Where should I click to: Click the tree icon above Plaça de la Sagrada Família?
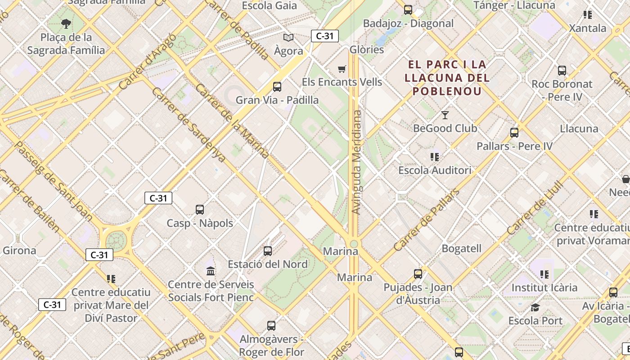click(66, 23)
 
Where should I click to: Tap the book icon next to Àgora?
click(288, 38)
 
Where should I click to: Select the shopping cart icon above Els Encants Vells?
click(342, 69)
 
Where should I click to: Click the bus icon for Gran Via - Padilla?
click(277, 87)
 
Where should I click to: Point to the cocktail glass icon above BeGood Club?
click(445, 115)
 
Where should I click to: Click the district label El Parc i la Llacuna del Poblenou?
click(447, 77)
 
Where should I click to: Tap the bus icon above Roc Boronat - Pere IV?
click(562, 71)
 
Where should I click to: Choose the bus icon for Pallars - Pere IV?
click(514, 133)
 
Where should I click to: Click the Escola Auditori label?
click(435, 170)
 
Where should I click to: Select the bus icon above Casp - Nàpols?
click(200, 210)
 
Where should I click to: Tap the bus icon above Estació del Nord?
click(268, 251)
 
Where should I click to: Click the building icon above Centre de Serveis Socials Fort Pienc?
click(211, 271)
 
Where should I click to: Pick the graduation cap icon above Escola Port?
click(535, 307)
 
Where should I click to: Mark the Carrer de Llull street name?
click(535, 208)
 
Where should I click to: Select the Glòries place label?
click(367, 49)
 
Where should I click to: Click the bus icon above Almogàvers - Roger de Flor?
click(271, 326)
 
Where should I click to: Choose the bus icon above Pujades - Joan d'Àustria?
click(418, 274)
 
